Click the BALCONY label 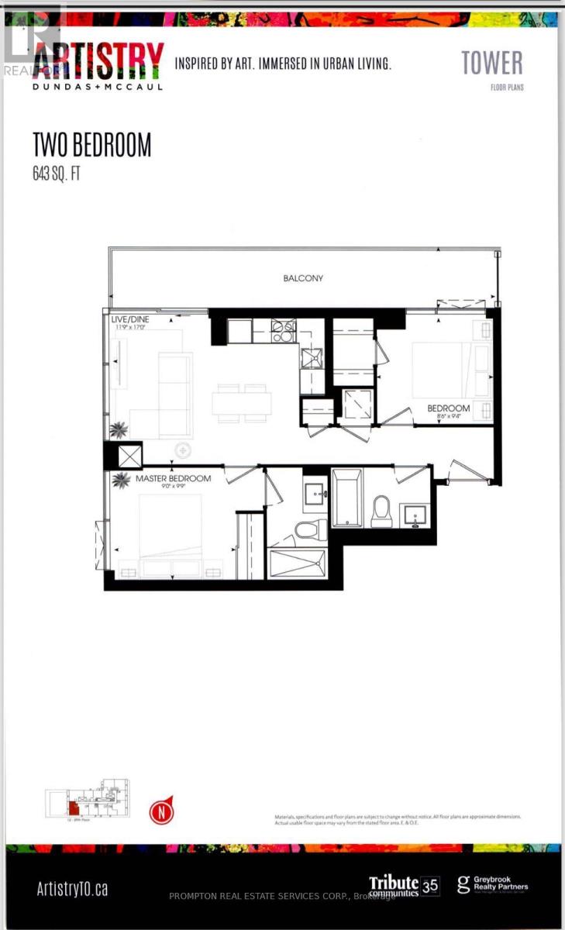point(304,277)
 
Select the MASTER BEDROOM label point(173,478)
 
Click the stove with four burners point(282,331)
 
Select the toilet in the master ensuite point(308,531)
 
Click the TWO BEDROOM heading point(91,145)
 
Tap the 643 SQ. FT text point(56,173)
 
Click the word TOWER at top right point(491,63)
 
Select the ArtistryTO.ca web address point(72,888)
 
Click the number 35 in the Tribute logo point(429,885)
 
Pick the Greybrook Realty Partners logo point(492,885)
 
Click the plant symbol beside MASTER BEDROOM point(122,480)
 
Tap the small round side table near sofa point(184,448)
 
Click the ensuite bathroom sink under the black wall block point(315,493)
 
